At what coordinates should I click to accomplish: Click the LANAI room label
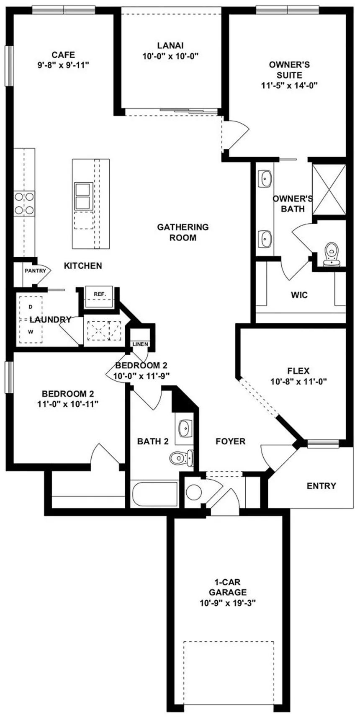pyautogui.click(x=170, y=46)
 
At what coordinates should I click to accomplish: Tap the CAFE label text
pyautogui.click(x=63, y=55)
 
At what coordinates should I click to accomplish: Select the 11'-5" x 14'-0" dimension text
pyautogui.click(x=289, y=85)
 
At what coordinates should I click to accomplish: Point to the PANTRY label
pyautogui.click(x=35, y=271)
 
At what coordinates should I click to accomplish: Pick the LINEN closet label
pyautogui.click(x=140, y=344)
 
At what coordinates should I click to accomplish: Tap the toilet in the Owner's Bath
pyautogui.click(x=333, y=254)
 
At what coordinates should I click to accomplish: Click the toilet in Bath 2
pyautogui.click(x=182, y=457)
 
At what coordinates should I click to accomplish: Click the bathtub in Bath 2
pyautogui.click(x=154, y=493)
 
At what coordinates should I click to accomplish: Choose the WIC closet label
pyautogui.click(x=299, y=295)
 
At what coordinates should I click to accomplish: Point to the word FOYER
pyautogui.click(x=230, y=441)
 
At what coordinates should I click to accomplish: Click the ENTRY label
pyautogui.click(x=321, y=486)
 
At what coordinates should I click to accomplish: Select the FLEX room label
pyautogui.click(x=298, y=371)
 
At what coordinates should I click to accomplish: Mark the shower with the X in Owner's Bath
pyautogui.click(x=329, y=189)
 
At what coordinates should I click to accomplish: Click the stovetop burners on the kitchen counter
pyautogui.click(x=24, y=203)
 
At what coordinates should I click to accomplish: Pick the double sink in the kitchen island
pyautogui.click(x=82, y=196)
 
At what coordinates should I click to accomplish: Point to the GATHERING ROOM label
pyautogui.click(x=183, y=232)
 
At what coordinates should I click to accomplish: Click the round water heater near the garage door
pyautogui.click(x=194, y=491)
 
